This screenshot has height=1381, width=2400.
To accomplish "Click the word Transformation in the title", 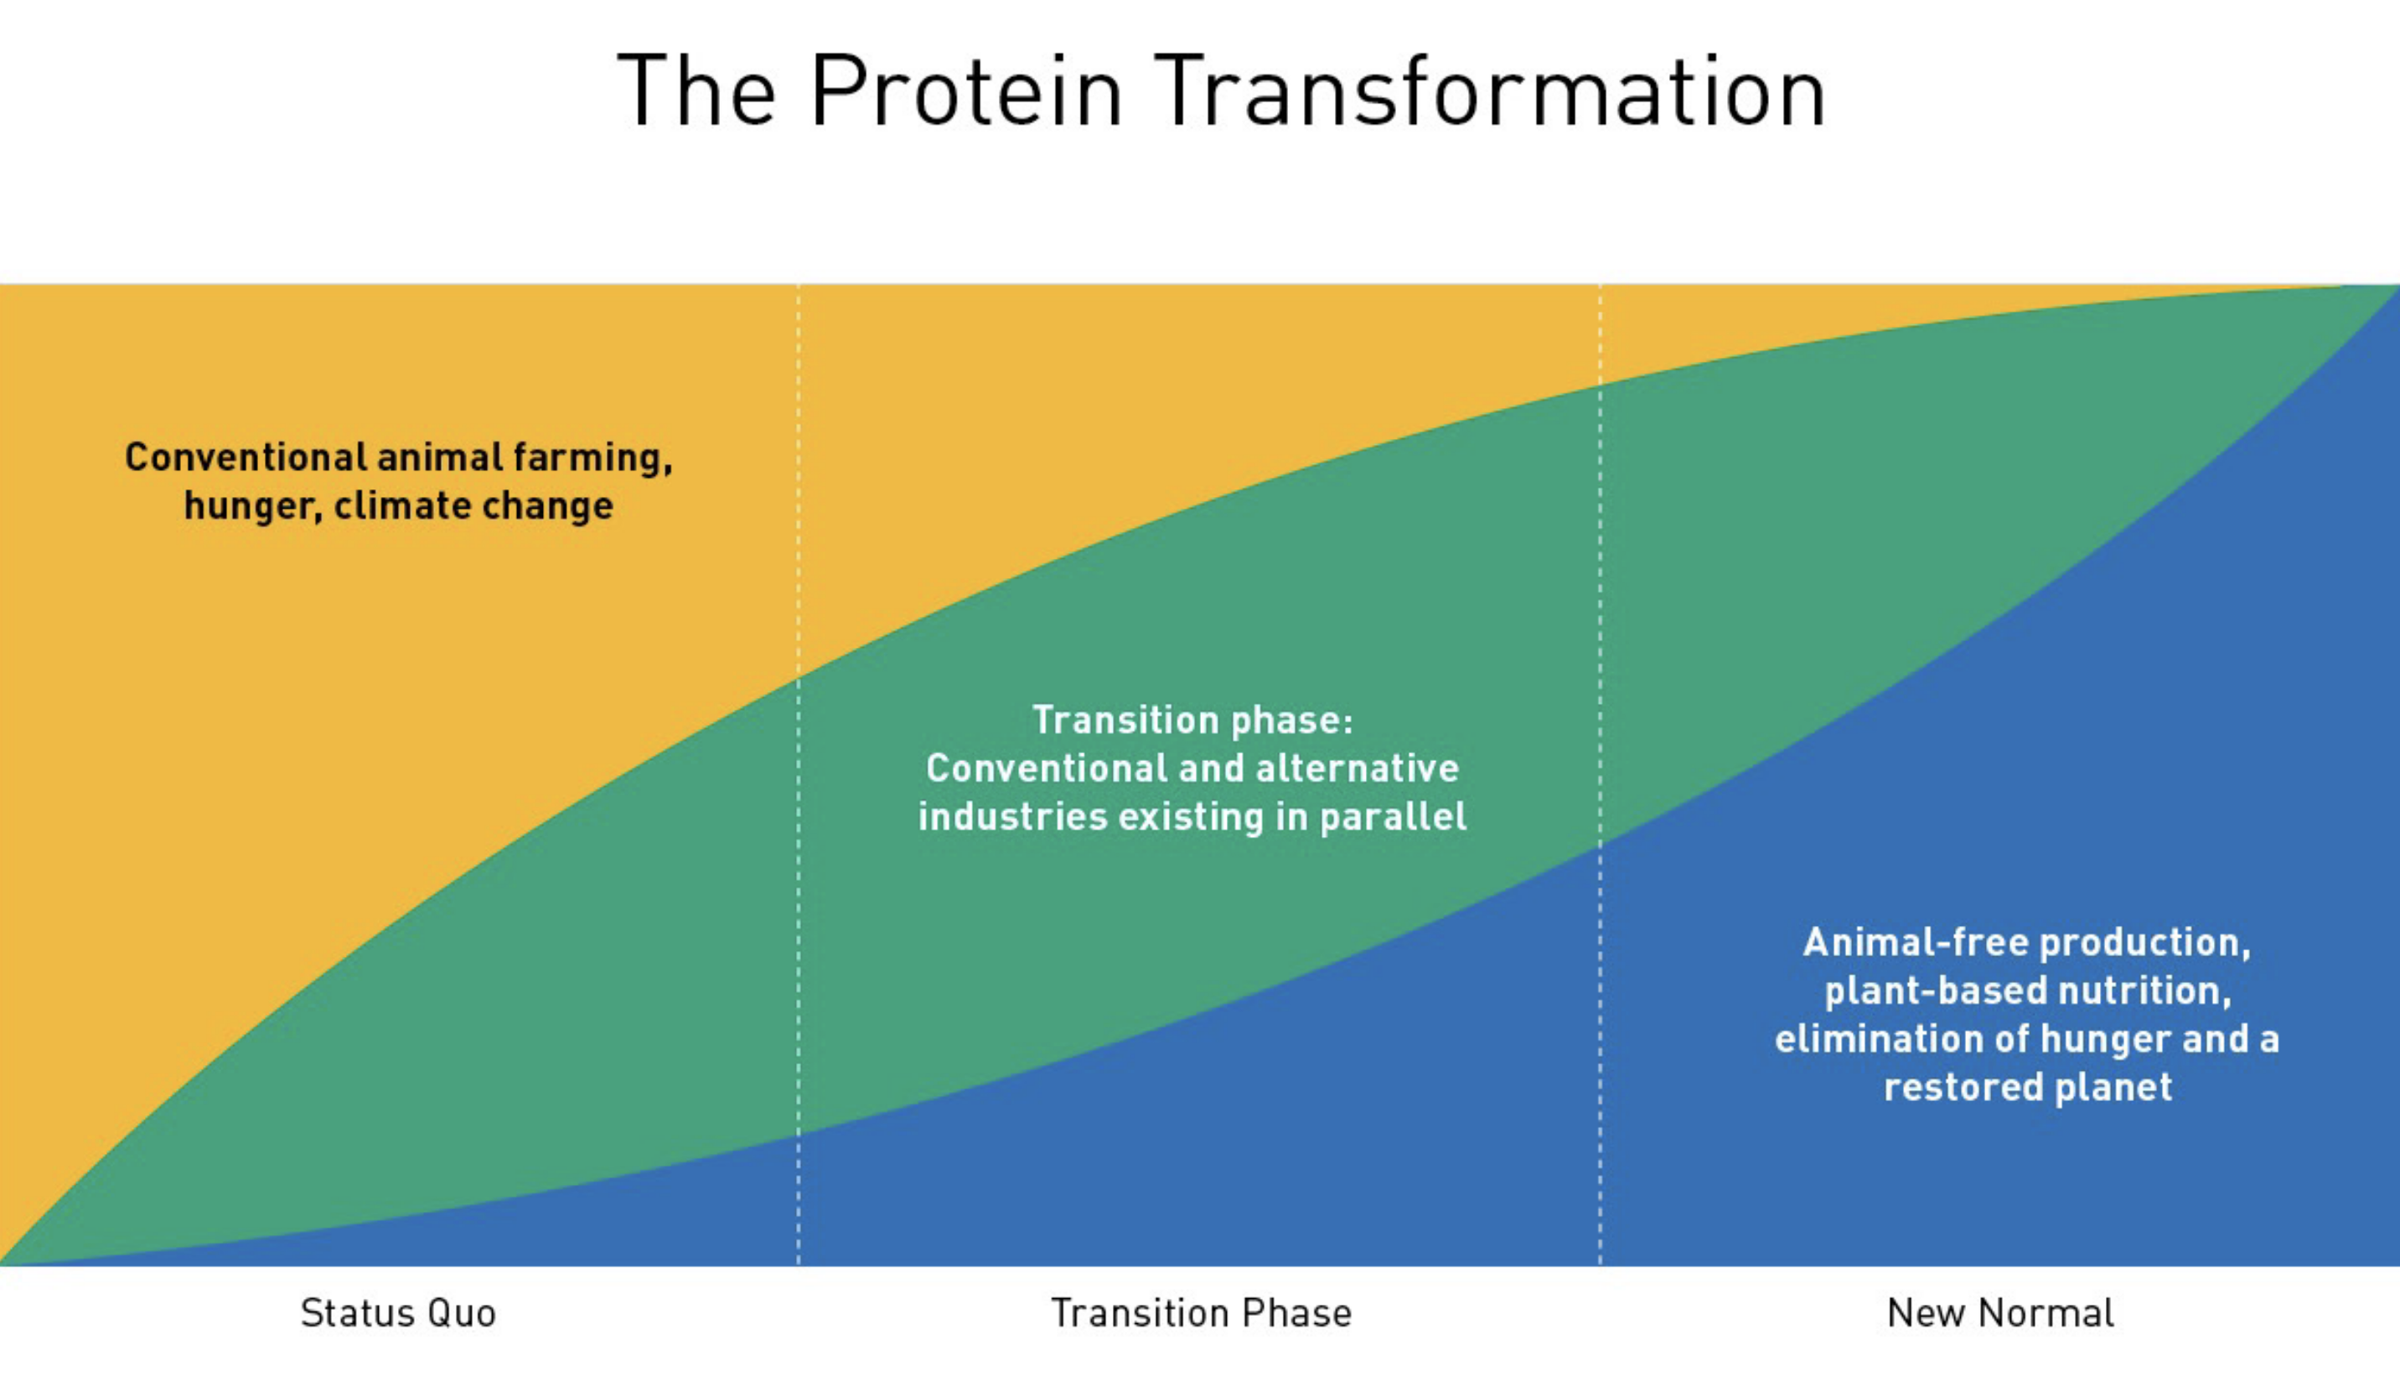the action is click(1490, 91).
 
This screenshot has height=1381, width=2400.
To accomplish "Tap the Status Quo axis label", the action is click(398, 1315).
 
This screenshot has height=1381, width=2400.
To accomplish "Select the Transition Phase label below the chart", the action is click(1202, 1314).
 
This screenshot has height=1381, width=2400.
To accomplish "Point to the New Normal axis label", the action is click(2001, 1314).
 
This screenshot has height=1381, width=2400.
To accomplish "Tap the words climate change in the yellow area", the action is click(473, 505).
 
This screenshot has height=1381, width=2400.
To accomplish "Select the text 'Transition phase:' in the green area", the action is click(1193, 721).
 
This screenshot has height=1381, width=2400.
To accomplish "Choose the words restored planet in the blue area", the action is click(2028, 1088).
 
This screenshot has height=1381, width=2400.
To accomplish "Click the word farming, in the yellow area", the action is click(592, 459).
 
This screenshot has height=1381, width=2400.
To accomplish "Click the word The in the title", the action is click(697, 91).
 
